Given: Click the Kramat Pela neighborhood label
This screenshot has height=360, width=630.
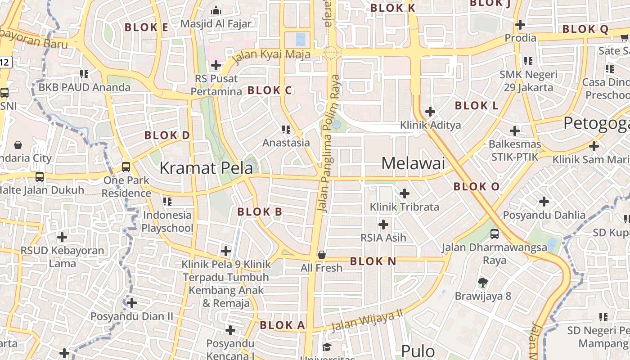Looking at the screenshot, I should click(206, 168).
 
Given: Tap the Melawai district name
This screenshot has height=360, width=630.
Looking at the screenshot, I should click(413, 163).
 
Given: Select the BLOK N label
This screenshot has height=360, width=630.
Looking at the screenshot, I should click(373, 261).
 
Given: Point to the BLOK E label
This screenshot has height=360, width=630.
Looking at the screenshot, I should click(146, 27).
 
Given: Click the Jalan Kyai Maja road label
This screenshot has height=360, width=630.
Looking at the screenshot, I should click(271, 55).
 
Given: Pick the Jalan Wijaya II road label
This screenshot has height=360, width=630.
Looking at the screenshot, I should click(367, 320).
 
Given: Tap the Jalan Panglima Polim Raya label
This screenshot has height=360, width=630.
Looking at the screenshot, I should click(329, 143).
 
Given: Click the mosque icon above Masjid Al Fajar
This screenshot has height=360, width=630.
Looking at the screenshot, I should click(216, 10).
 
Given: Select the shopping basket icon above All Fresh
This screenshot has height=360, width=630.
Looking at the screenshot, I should click(322, 255).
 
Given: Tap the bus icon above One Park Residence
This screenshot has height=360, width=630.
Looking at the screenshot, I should click(126, 167).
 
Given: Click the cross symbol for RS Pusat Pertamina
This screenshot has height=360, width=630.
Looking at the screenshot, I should click(216, 65).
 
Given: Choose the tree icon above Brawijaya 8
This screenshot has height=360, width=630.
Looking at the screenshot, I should click(483, 283).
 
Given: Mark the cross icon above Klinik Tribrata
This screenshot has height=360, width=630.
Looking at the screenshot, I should click(405, 193).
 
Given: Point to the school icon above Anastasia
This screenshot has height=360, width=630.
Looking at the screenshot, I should click(286, 130).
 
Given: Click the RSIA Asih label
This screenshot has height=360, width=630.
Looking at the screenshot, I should click(383, 237).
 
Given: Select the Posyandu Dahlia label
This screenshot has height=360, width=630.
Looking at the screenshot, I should click(544, 215).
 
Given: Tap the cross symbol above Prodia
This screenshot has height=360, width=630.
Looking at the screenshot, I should click(521, 24).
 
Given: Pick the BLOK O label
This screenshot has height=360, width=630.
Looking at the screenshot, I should click(477, 186).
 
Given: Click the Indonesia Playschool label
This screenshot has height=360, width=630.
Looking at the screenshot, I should click(167, 221).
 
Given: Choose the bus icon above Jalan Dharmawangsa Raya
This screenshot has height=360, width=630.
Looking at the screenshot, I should click(495, 234).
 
